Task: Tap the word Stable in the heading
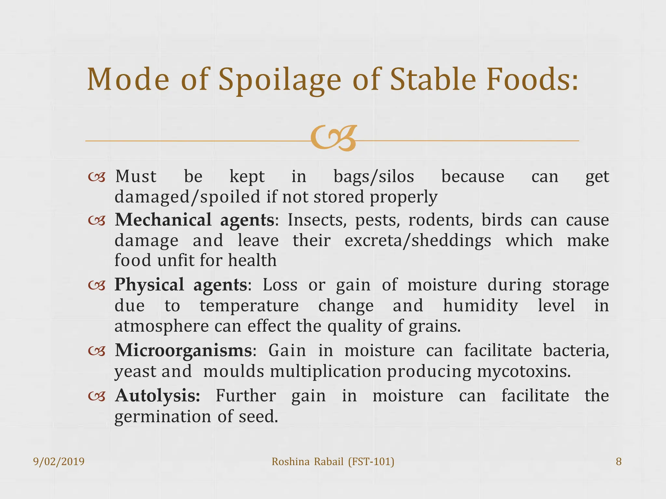433,80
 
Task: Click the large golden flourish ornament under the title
333,138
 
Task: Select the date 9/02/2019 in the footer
59,461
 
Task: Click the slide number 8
619,461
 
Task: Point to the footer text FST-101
371,461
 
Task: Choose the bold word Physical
149,285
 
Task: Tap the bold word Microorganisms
183,351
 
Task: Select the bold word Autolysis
157,396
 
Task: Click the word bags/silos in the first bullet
374,177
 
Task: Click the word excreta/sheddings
418,241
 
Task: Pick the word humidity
480,306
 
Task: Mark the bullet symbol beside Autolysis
97,396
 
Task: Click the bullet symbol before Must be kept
97,177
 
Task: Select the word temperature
249,306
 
